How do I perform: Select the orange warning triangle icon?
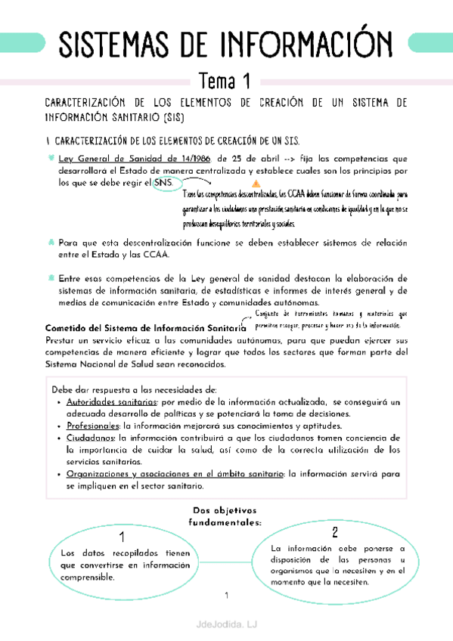tap(255, 184)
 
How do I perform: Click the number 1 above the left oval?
tap(122, 537)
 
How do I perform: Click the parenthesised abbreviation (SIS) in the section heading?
tap(172, 119)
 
